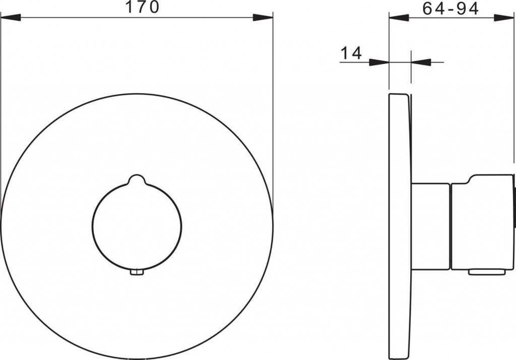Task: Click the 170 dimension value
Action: [x=143, y=7]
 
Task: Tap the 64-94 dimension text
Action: [x=450, y=9]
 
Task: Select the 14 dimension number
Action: [x=351, y=53]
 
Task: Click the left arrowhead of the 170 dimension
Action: [x=11, y=18]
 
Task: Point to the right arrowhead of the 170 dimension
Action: [x=263, y=18]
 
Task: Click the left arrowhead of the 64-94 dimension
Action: [x=399, y=18]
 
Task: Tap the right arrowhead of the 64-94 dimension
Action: [x=503, y=18]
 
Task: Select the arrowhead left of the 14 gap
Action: [x=379, y=62]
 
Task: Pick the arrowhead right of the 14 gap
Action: [x=421, y=62]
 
